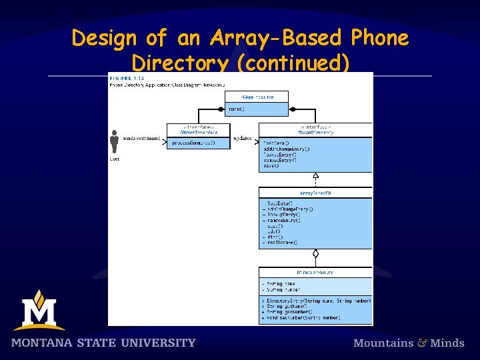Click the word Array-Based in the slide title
tap(275, 39)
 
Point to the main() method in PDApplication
tap(237, 108)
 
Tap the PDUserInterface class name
tap(199, 132)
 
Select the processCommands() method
tap(194, 143)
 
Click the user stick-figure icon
tap(114, 142)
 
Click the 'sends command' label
tap(141, 139)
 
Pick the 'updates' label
tap(243, 139)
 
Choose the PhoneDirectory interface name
tap(316, 132)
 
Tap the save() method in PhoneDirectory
tap(271, 166)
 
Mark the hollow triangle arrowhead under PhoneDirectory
tap(316, 177)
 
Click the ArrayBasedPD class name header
tap(316, 193)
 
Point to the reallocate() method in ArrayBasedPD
tap(284, 243)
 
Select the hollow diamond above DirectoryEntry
tap(316, 254)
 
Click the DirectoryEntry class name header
tap(316, 272)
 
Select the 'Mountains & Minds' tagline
tap(409, 343)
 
